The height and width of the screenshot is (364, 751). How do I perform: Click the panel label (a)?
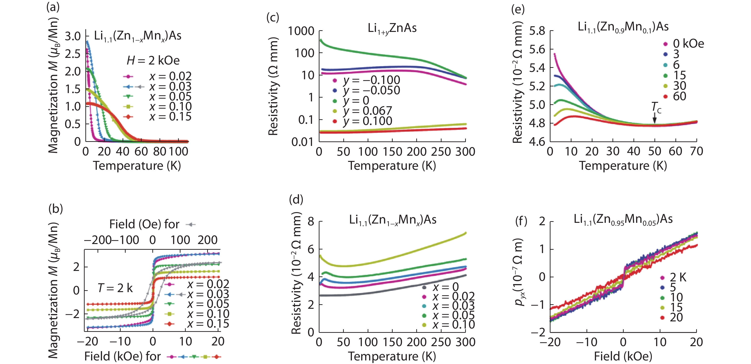click(x=53, y=7)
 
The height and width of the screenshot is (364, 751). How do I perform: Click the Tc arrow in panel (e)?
click(x=654, y=117)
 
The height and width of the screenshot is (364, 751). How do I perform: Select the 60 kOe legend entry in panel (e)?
click(x=679, y=96)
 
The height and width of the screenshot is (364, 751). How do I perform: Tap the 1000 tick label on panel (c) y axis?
click(x=301, y=31)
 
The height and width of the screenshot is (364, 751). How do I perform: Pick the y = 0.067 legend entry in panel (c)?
click(x=367, y=111)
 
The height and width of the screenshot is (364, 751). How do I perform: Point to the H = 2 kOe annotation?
click(x=153, y=60)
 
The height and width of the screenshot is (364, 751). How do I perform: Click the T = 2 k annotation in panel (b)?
click(x=115, y=288)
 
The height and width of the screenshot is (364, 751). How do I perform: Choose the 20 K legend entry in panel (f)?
click(x=676, y=317)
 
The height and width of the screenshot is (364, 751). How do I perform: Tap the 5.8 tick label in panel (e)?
click(x=537, y=31)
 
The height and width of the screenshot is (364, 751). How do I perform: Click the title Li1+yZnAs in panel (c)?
click(x=392, y=28)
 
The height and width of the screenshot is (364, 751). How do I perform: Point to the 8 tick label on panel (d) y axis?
click(x=311, y=222)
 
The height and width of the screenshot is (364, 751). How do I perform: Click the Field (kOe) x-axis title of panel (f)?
click(x=623, y=356)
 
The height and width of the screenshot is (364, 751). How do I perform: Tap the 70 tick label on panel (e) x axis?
click(x=696, y=151)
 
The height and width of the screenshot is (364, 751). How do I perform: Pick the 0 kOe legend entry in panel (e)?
click(x=688, y=44)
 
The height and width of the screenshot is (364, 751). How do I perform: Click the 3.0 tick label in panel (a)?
click(x=72, y=36)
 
